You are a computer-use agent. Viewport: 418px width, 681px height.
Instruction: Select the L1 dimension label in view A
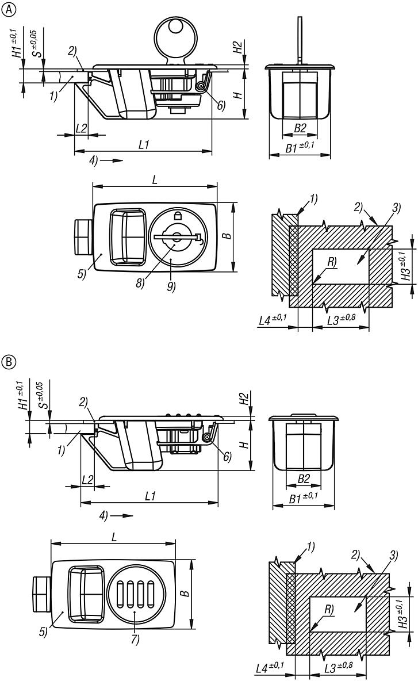click(144, 146)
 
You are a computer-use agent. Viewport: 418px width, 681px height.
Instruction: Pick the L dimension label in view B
click(114, 537)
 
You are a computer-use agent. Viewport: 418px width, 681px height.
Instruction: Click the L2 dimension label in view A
click(81, 128)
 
